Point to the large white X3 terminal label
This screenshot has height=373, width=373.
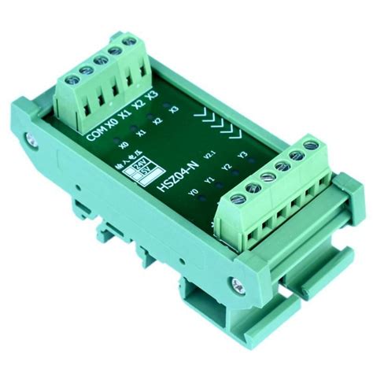151,98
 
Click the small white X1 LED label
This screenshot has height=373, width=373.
142,134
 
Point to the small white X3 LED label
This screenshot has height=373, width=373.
174,109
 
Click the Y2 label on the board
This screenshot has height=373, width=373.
226,167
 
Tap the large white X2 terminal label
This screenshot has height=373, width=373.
138,106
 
